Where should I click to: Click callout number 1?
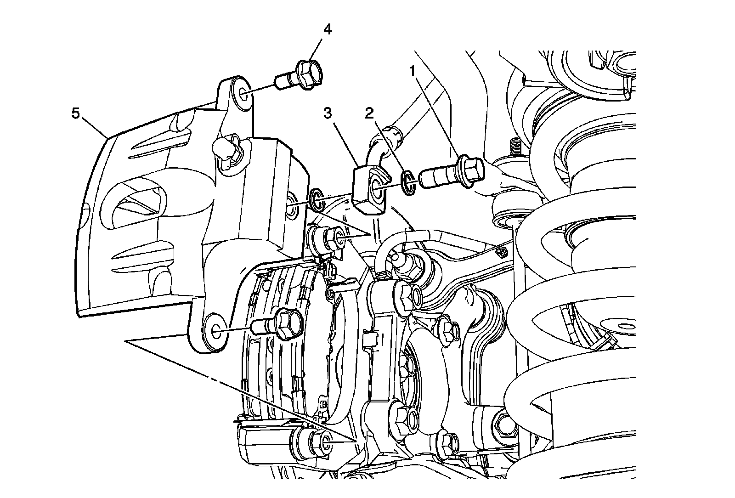point(413,71)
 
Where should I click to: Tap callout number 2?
point(369,113)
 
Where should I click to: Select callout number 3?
point(328,113)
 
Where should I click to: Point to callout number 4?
point(328,30)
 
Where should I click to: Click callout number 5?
point(75,113)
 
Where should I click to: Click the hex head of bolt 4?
point(309,74)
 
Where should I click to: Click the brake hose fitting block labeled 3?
point(369,190)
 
